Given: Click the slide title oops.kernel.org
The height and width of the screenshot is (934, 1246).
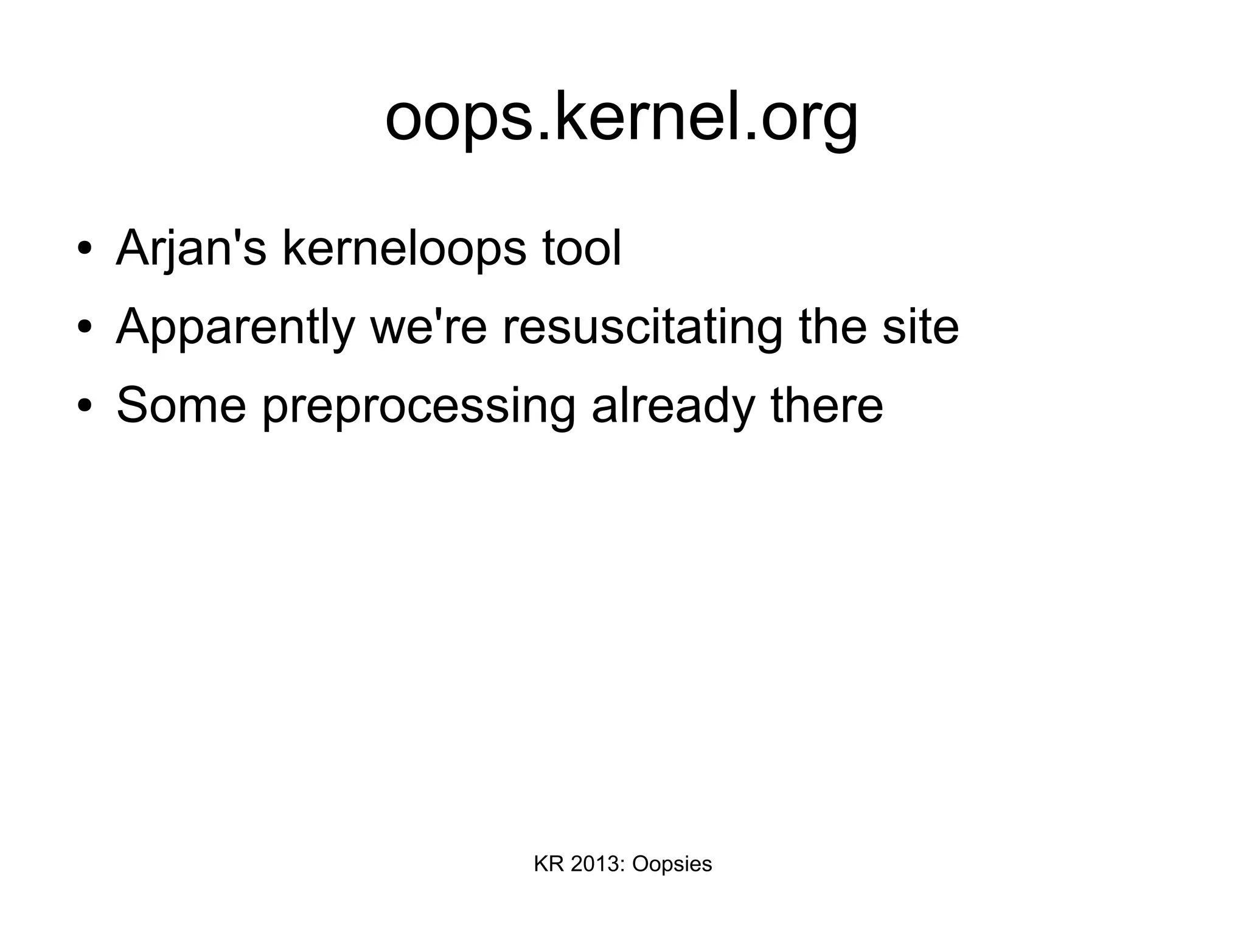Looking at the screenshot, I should [x=622, y=117].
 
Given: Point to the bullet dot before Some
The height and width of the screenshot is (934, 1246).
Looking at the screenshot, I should [x=85, y=406].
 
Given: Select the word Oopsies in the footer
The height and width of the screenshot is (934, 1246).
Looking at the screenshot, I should [x=672, y=865].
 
